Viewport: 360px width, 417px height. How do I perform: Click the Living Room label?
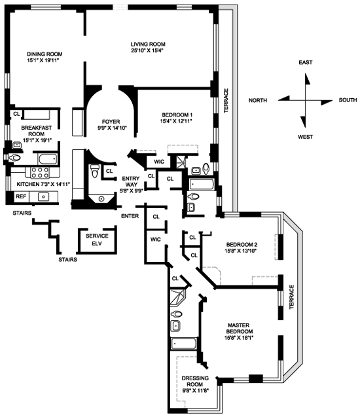148,44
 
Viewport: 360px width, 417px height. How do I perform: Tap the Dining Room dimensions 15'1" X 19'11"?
43,60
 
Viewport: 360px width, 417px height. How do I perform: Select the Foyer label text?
111,122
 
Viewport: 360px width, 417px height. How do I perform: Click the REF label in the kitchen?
21,196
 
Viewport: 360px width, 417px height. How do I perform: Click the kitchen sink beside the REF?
44,197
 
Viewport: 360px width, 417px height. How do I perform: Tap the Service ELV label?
97,240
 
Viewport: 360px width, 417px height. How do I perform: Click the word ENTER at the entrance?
130,216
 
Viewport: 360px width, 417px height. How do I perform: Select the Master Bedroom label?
238,329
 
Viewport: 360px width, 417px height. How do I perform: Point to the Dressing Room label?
195,381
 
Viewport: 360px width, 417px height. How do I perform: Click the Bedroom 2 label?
242,244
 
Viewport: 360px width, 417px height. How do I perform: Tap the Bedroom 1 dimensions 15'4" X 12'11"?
176,121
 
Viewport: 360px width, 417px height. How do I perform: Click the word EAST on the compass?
306,62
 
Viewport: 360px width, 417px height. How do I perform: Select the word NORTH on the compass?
258,100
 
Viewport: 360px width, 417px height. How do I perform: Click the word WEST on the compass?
305,137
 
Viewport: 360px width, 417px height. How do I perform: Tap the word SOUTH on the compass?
348,100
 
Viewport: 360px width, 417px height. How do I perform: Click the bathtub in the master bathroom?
184,344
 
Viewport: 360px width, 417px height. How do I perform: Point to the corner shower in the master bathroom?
178,297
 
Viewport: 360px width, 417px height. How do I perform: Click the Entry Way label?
131,181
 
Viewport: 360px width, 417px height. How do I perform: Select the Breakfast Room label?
37,130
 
